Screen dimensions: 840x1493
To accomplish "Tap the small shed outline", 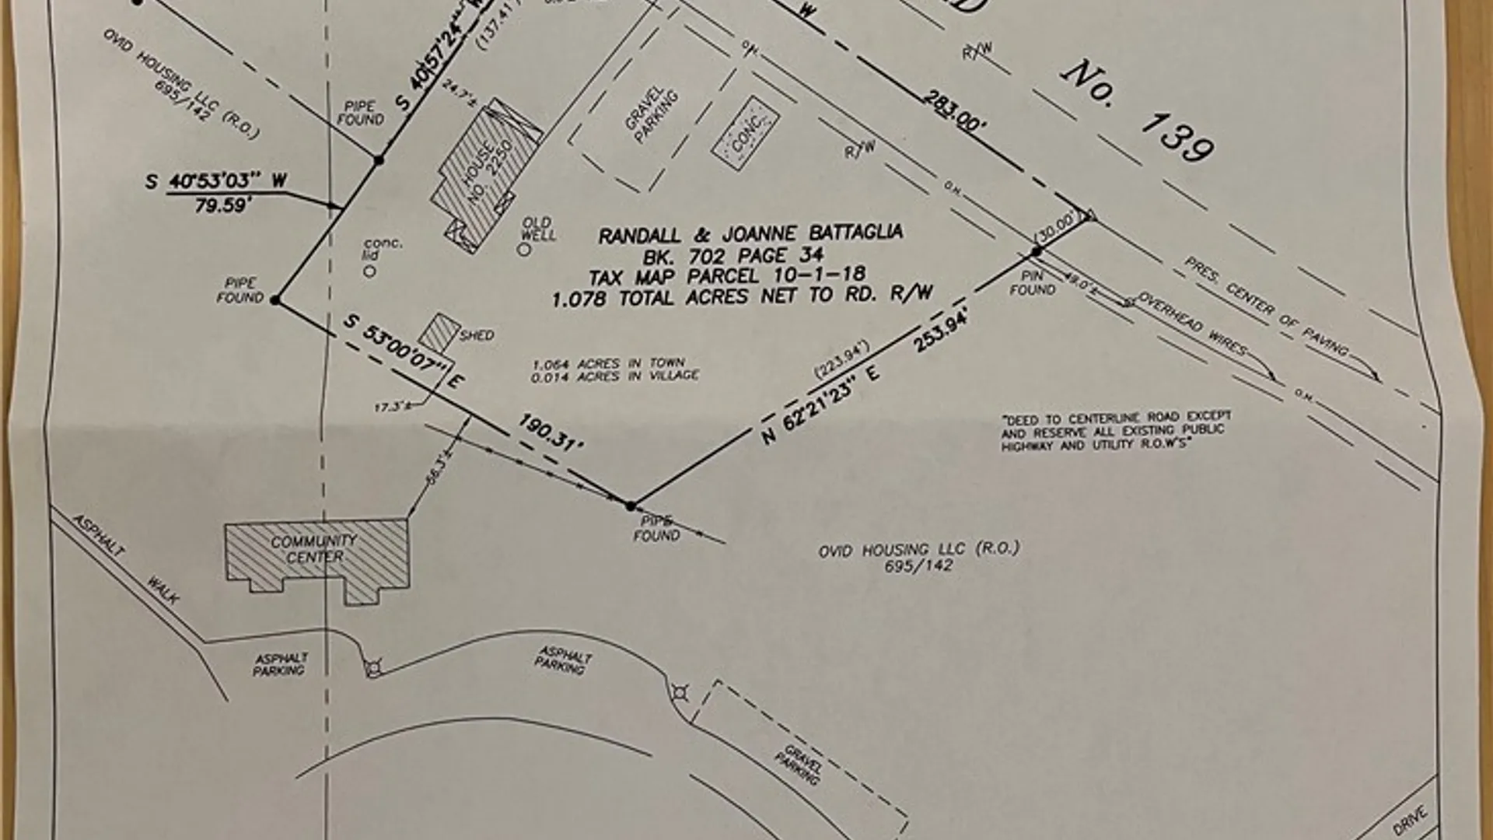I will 439,332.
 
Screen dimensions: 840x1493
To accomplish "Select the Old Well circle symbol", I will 524,250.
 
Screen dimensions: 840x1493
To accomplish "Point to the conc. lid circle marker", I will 370,271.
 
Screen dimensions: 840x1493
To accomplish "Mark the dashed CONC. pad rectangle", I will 745,134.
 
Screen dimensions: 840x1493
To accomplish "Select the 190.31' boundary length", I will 551,433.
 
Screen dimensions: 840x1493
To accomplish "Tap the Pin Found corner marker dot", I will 1036,252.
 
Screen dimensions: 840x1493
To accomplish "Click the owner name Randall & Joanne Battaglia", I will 750,233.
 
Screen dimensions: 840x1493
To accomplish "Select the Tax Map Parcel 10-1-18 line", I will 726,275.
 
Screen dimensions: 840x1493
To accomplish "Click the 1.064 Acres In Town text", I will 608,363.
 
